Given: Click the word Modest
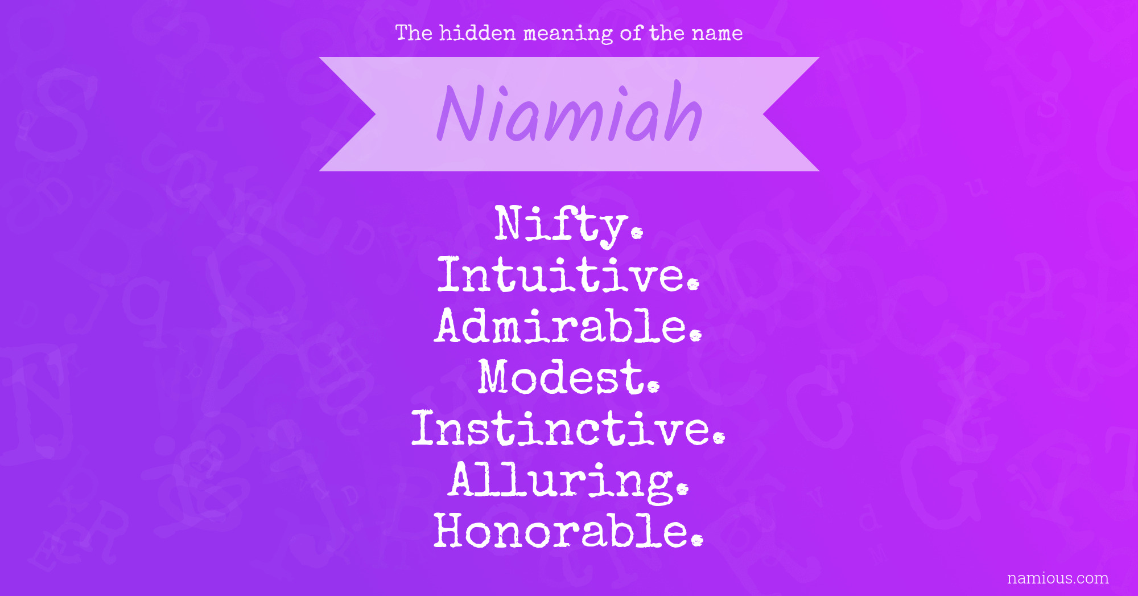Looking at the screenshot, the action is point(568,376).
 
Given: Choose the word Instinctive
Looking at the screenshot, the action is point(568,428).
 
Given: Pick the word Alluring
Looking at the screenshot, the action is point(568,482).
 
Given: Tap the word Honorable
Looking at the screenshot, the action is point(568,530).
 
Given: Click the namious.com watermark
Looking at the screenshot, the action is point(1058,578).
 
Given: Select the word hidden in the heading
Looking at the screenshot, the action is point(477,33).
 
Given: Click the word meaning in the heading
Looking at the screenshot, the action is point(568,34).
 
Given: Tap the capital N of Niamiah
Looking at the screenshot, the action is point(460,113).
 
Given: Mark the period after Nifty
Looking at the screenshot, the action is point(637,232).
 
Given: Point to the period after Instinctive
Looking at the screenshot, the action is point(720,437).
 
